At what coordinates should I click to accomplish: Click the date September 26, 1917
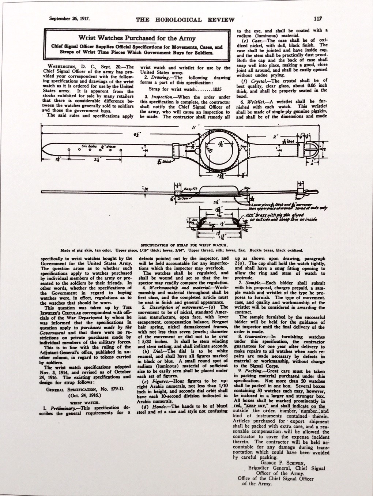click(x=69, y=18)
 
